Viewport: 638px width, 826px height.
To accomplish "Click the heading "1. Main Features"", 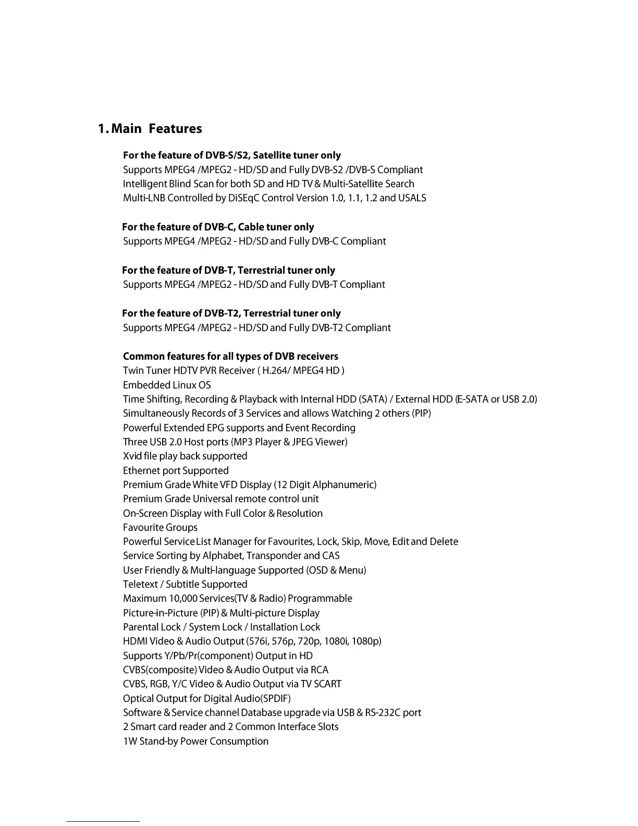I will click(x=150, y=129).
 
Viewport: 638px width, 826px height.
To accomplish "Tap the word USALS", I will click(x=412, y=198).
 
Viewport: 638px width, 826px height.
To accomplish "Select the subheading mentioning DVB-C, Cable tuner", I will click(x=218, y=227).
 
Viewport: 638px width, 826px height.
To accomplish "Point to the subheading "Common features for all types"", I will click(x=230, y=356).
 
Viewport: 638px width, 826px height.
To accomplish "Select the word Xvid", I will click(x=132, y=456).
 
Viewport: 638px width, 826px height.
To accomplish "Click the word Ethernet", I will click(x=141, y=470).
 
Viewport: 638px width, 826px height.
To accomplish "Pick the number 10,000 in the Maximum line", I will click(x=182, y=599).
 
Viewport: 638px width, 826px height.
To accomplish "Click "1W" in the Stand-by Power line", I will click(x=130, y=742).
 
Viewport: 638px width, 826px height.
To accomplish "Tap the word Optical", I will click(x=138, y=699).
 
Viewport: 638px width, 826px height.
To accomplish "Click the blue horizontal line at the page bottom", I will click(x=103, y=821).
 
